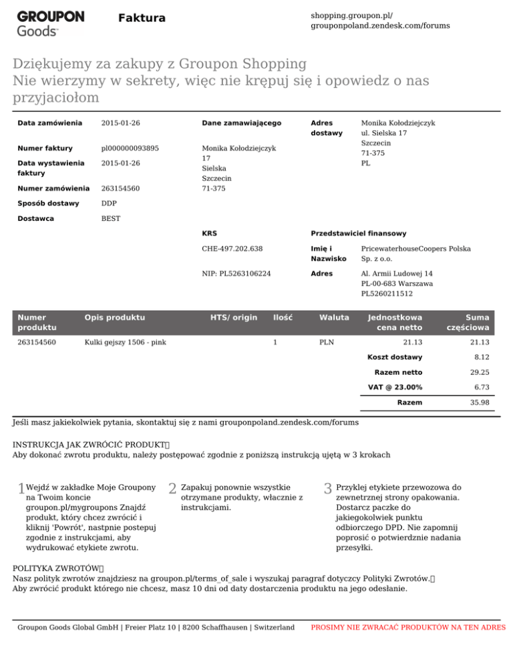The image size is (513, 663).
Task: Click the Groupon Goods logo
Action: tap(50, 22)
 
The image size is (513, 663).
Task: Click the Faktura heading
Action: tap(142, 18)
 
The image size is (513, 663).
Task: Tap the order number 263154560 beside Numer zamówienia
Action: tap(120, 188)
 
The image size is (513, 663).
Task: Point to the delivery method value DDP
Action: tap(110, 203)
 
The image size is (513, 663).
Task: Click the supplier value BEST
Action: tap(111, 218)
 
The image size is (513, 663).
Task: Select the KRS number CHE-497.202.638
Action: tap(232, 249)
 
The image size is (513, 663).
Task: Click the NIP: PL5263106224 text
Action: tap(237, 273)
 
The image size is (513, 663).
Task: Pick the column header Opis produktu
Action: tap(112, 316)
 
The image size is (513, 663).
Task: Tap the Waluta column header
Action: tap(334, 316)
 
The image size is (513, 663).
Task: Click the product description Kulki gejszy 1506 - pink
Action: tap(124, 342)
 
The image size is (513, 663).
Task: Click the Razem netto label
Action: tap(398, 372)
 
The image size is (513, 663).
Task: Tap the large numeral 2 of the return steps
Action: tap(172, 490)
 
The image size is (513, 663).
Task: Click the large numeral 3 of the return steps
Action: tap(327, 490)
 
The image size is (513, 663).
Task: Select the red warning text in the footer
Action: tap(408, 628)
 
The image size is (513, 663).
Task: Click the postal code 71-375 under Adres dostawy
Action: tap(373, 153)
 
